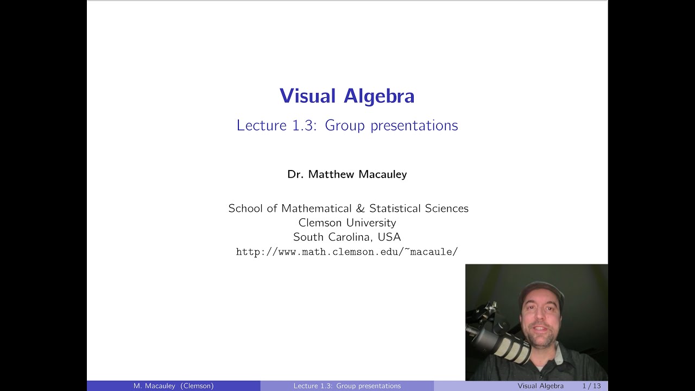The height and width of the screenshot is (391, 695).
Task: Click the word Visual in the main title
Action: point(308,96)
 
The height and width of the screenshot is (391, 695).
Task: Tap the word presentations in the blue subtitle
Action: point(414,125)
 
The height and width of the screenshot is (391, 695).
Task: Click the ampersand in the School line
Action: point(361,209)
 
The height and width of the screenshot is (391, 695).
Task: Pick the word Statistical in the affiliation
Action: point(395,209)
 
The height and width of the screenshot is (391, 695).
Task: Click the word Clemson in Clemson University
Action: point(320,223)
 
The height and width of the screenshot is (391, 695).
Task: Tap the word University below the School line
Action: point(371,223)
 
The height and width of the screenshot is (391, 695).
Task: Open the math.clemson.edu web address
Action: point(347,252)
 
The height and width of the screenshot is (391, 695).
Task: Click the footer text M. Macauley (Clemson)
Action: point(173,386)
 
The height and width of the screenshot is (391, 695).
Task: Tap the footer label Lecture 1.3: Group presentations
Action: point(347,386)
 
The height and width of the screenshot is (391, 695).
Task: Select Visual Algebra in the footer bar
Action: point(540,386)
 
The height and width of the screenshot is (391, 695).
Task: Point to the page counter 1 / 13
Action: point(591,386)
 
